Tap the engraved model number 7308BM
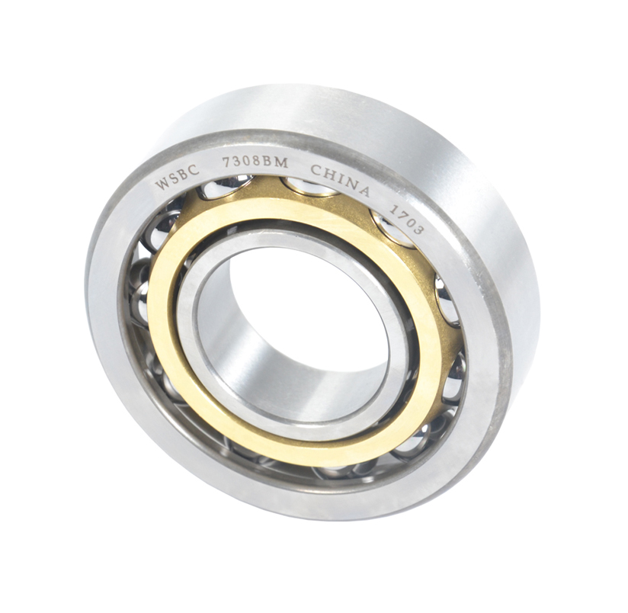[x=255, y=162]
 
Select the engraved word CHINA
[x=341, y=179]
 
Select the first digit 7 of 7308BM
[x=227, y=163]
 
